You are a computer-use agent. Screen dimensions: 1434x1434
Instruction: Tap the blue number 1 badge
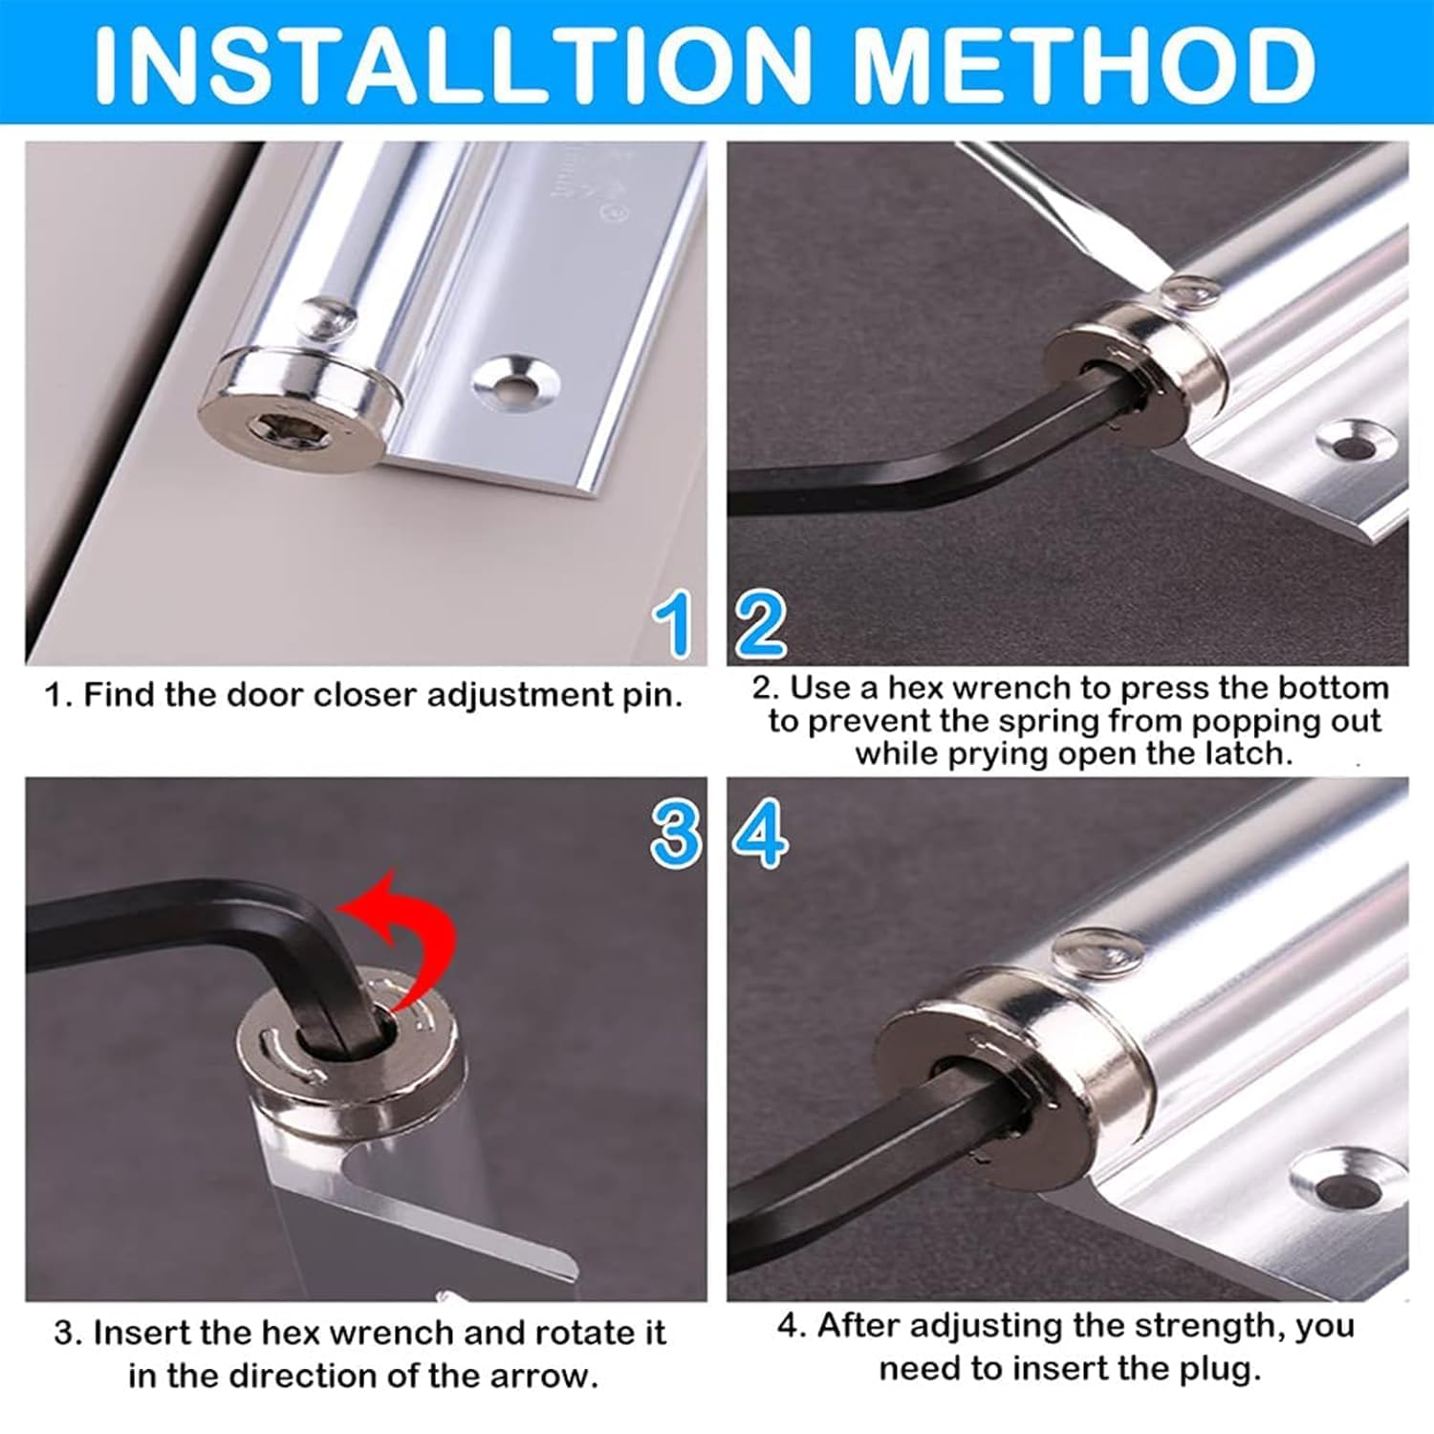pos(676,624)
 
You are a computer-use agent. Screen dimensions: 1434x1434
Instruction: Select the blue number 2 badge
pos(761,624)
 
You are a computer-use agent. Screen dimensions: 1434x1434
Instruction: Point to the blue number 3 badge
pos(676,834)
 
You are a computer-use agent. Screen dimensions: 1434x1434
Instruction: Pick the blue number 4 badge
pos(761,834)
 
